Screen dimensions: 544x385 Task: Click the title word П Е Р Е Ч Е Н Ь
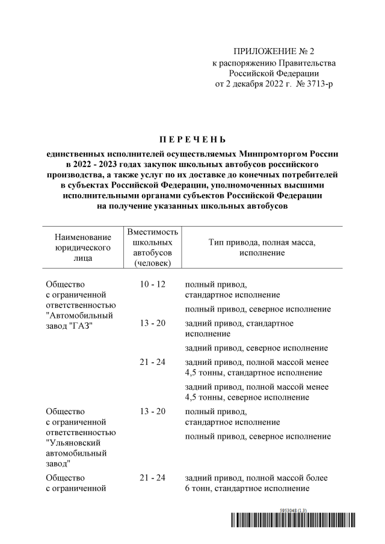tap(192, 140)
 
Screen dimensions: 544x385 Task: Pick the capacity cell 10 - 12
tap(152, 284)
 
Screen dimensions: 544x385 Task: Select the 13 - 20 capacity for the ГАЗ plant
tap(152, 323)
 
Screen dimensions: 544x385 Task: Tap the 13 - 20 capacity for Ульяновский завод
tap(152, 411)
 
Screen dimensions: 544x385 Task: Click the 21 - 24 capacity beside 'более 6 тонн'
tap(152, 478)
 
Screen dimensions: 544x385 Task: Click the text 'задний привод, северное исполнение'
tap(256, 348)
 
